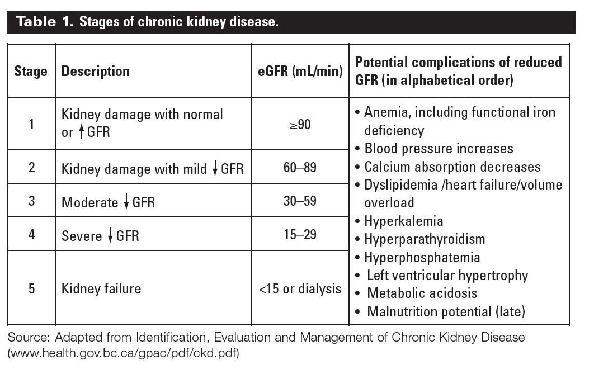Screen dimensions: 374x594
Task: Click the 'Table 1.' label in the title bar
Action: (x=45, y=23)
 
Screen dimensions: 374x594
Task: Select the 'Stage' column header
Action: (x=31, y=72)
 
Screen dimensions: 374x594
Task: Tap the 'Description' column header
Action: (x=95, y=72)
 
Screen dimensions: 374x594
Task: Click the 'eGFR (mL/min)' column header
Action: (x=300, y=72)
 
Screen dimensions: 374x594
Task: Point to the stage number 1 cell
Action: (x=31, y=124)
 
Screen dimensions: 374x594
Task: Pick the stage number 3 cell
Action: (x=31, y=201)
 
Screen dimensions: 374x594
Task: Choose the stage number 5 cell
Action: (x=31, y=288)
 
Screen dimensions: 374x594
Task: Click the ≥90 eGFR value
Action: (x=300, y=124)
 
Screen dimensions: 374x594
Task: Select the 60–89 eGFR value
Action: (x=300, y=168)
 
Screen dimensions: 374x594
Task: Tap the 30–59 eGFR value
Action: (x=300, y=201)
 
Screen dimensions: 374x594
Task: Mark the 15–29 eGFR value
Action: (x=300, y=234)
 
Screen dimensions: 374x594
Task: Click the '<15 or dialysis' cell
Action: (x=300, y=288)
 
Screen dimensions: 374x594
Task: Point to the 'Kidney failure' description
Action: (x=101, y=288)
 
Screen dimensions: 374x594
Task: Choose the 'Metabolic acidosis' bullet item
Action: (x=422, y=293)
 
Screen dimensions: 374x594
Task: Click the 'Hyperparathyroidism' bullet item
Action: (x=424, y=239)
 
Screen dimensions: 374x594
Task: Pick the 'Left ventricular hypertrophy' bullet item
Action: (x=447, y=276)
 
